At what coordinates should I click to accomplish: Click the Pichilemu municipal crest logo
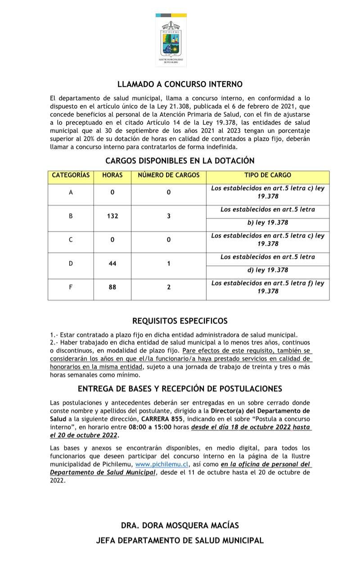click(171, 41)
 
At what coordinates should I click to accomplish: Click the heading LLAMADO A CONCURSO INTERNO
click(180, 84)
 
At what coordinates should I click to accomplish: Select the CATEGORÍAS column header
click(71, 175)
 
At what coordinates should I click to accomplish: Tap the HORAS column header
click(112, 175)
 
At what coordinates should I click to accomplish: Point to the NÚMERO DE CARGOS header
click(168, 175)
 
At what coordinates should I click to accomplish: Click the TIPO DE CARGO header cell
click(268, 175)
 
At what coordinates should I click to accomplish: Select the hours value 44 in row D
click(112, 264)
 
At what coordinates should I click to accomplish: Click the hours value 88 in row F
click(112, 287)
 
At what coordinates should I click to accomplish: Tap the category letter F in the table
click(71, 287)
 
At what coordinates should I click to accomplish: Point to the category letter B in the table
click(71, 216)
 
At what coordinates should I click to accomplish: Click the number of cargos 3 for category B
click(169, 216)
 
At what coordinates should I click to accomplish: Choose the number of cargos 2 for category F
click(169, 287)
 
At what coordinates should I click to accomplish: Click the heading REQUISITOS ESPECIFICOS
click(180, 321)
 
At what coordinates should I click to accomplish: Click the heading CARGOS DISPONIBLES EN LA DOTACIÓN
click(180, 160)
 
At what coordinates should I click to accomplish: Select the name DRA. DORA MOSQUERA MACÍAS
click(180, 525)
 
